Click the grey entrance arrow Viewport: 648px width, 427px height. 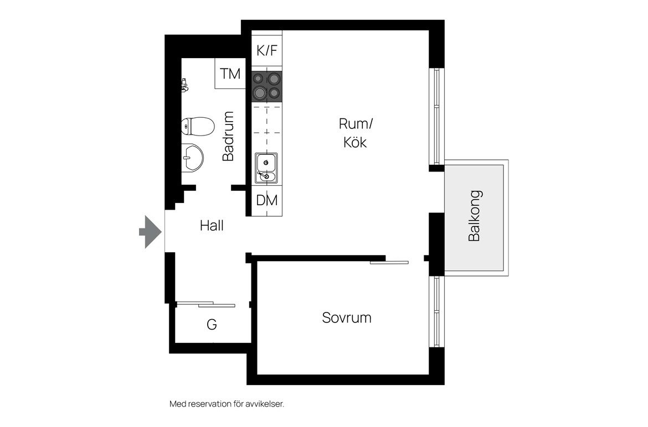(x=150, y=232)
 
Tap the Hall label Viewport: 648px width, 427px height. (x=212, y=226)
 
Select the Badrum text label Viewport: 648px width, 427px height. (x=228, y=136)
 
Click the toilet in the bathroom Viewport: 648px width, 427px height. (x=198, y=126)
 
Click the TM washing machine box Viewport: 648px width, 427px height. (x=230, y=74)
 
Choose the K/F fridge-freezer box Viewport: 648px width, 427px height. (x=267, y=50)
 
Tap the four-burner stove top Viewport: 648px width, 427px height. (x=267, y=86)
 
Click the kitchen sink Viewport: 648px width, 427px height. (x=266, y=168)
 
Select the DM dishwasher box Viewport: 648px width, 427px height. (x=267, y=201)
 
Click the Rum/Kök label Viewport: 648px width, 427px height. (x=356, y=133)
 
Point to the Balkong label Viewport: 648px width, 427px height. (x=475, y=216)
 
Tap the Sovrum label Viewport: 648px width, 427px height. (x=347, y=317)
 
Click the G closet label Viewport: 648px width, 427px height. (x=212, y=325)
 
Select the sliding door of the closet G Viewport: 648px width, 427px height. (x=205, y=304)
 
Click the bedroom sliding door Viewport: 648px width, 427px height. (x=389, y=262)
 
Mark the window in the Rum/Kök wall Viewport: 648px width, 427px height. (x=436, y=116)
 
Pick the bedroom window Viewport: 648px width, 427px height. (x=436, y=312)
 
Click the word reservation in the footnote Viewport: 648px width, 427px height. (x=210, y=404)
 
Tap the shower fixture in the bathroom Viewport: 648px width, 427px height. (x=184, y=85)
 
